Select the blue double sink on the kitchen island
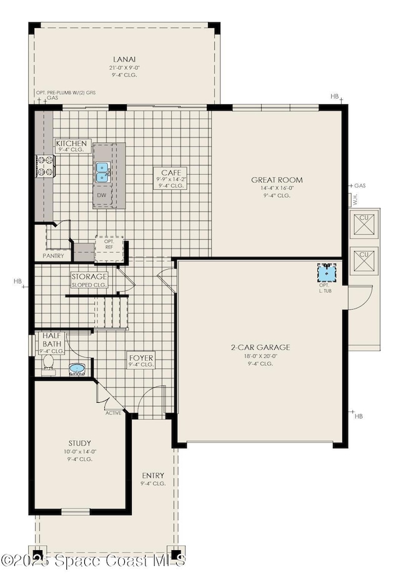click(x=102, y=172)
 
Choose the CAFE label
click(x=171, y=171)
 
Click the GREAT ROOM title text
click(x=277, y=180)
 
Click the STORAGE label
click(x=89, y=277)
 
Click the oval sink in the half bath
click(x=77, y=369)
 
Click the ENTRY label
click(x=152, y=475)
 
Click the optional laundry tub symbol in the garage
click(x=327, y=274)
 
